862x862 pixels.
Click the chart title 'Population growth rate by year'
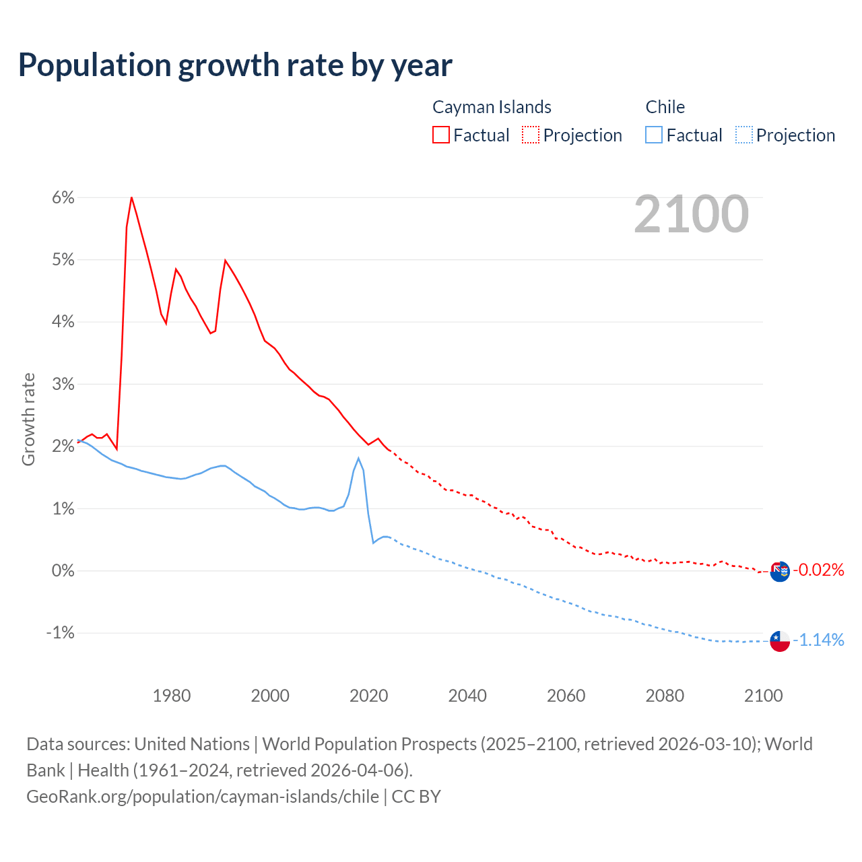(235, 65)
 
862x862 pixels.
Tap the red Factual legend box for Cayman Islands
(441, 135)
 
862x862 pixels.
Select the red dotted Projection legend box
(531, 135)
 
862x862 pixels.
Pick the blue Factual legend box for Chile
(654, 135)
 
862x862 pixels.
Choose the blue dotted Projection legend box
(743, 135)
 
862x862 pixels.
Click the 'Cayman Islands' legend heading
(492, 107)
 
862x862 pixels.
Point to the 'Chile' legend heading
(665, 107)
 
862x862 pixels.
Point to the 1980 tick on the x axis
(172, 696)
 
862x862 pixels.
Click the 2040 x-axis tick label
(467, 696)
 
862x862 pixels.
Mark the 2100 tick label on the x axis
(763, 696)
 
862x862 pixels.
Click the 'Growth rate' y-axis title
(28, 419)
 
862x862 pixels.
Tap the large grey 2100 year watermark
(691, 214)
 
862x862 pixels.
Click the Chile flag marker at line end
(780, 641)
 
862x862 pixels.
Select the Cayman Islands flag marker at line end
(780, 572)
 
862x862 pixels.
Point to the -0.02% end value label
(818, 570)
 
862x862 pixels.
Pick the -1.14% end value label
(818, 640)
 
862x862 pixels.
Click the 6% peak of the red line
(131, 197)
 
